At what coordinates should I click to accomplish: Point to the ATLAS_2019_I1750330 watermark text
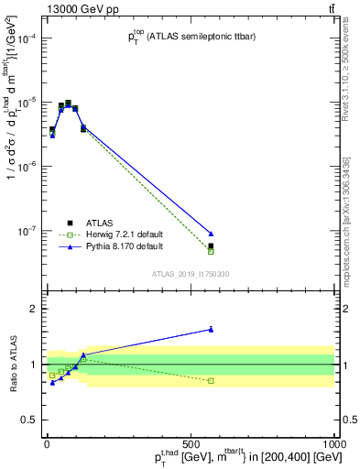tap(191, 274)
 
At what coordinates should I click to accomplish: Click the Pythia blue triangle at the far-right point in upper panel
tap(211, 234)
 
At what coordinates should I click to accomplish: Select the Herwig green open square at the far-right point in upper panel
tap(211, 251)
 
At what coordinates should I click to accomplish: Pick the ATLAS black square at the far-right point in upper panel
tap(211, 245)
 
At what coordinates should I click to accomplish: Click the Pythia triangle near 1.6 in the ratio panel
tap(211, 329)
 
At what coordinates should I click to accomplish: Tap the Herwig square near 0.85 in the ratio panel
tap(211, 380)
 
